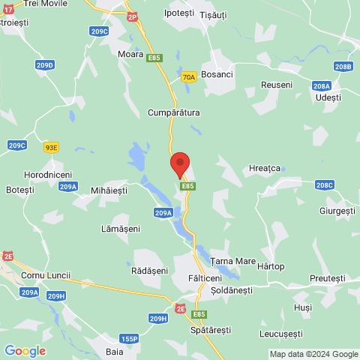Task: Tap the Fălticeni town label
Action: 199,277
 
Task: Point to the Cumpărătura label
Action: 173,112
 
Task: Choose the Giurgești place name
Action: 336,211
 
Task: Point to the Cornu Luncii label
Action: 46,275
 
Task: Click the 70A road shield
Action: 189,76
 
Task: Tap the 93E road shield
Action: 50,148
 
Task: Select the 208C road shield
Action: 325,184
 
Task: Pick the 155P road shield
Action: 129,339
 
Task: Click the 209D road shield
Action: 45,66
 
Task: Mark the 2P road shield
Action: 133,16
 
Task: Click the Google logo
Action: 25,351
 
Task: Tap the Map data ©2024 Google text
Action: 313,354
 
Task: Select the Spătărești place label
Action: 211,330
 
